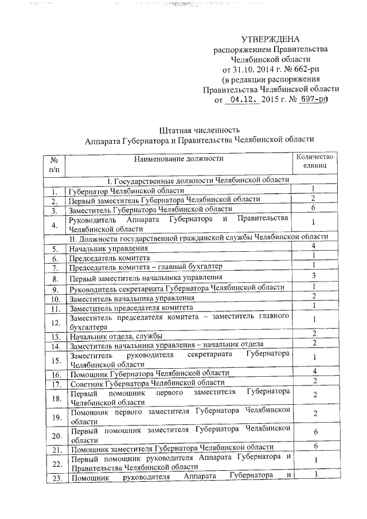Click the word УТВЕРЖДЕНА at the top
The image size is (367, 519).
pyautogui.click(x=270, y=40)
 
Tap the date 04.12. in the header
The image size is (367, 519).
pyautogui.click(x=241, y=99)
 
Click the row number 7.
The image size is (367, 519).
pyautogui.click(x=54, y=268)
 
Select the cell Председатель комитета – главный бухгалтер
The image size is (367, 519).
pyautogui.click(x=145, y=268)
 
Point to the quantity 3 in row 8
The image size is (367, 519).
pyautogui.click(x=314, y=276)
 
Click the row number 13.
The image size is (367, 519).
pyautogui.click(x=54, y=336)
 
